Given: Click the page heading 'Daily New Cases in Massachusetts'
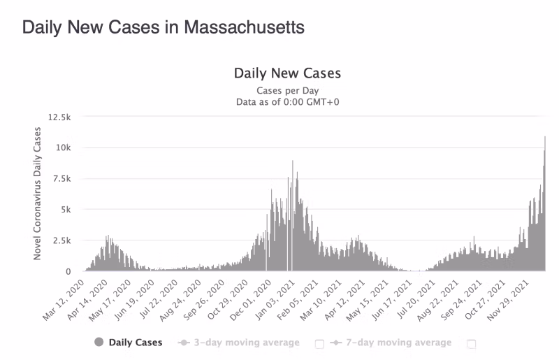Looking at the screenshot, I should tap(164, 28).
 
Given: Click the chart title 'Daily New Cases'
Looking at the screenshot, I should tap(287, 73).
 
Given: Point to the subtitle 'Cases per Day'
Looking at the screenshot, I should tap(287, 91).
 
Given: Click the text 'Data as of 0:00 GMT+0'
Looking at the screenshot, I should tap(287, 102).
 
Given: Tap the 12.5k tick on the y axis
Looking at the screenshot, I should tap(59, 117).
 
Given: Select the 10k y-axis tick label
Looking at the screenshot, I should tap(64, 147).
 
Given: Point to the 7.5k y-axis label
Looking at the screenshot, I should tap(62, 178).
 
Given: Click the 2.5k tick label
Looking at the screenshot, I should tap(62, 240).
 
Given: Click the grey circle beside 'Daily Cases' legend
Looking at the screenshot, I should tap(98, 343).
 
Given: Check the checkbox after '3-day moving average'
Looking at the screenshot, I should tap(319, 343).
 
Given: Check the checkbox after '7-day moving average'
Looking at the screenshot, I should tap(471, 343).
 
